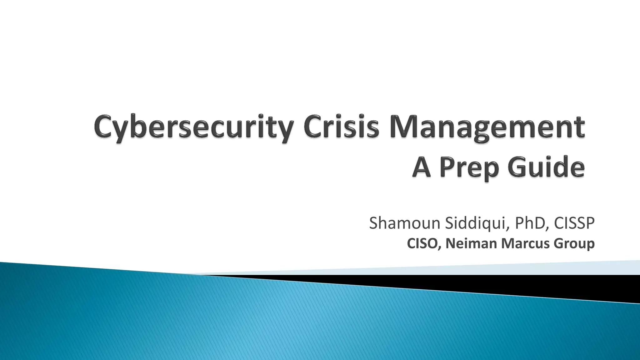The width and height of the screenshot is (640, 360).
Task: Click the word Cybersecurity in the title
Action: pos(194,128)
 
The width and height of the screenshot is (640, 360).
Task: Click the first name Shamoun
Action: pos(404,223)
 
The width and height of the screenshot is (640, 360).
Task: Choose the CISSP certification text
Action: pos(574,223)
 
